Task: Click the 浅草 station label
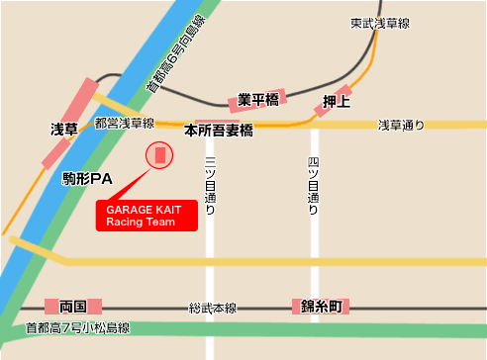click(x=64, y=130)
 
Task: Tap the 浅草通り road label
click(x=401, y=125)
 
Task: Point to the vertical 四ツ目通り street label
click(x=313, y=185)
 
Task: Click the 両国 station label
click(x=74, y=307)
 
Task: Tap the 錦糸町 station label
click(x=321, y=307)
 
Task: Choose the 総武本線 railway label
click(x=212, y=308)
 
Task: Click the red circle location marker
click(x=158, y=155)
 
